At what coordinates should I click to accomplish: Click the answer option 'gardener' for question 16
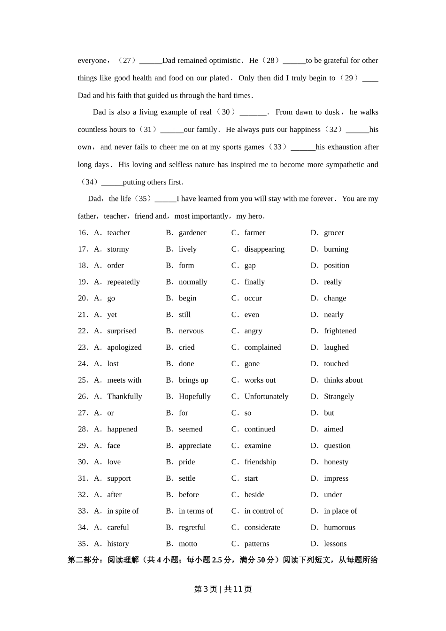[x=192, y=233]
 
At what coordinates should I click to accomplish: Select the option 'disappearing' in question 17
[x=264, y=249]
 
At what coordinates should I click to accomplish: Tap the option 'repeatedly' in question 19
[x=123, y=282]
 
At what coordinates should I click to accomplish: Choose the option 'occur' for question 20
[x=253, y=299]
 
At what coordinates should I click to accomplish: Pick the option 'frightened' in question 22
[x=339, y=331]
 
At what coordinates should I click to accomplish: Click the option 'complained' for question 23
[x=262, y=347]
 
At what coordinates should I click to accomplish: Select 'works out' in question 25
[x=260, y=380]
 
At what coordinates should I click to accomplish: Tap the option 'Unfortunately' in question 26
[x=266, y=397]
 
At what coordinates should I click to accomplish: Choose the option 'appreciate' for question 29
[x=195, y=446]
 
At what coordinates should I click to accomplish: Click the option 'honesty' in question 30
[x=336, y=462]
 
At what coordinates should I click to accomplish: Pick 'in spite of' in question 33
[x=123, y=511]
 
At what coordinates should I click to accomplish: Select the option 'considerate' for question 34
[x=262, y=528]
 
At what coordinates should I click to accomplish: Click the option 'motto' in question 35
[x=188, y=544]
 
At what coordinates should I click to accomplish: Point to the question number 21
[x=83, y=315]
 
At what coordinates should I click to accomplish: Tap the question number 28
[x=83, y=430]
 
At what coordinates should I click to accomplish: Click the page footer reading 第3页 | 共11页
[x=223, y=589]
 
